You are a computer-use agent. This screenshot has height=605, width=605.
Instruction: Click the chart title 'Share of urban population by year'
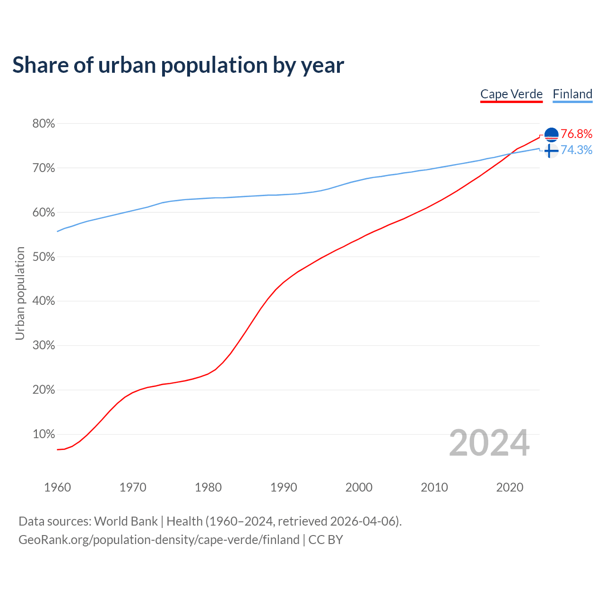coord(178,65)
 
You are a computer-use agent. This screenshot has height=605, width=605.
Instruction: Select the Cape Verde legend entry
coord(511,94)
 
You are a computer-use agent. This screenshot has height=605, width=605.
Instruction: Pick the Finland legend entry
coord(572,94)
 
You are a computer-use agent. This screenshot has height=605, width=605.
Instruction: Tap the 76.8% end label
coord(576,134)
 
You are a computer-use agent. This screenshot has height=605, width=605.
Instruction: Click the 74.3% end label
coord(576,150)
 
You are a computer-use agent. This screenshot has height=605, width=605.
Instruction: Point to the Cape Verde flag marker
coord(551,135)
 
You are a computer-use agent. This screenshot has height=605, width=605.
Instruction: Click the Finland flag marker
coord(551,151)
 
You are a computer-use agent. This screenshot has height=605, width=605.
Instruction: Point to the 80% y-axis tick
coord(43,124)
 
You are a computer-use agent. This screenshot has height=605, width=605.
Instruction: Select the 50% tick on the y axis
coord(43,257)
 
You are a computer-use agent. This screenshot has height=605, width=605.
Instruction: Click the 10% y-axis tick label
coord(43,434)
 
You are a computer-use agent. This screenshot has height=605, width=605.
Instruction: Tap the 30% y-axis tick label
coord(43,346)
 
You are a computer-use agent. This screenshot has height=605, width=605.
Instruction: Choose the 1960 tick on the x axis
coord(57,487)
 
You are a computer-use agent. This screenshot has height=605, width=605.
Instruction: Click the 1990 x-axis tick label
coord(284,487)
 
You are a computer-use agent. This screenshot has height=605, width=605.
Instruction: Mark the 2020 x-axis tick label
coord(510,487)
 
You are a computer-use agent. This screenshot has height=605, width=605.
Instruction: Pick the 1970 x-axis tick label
coord(133,487)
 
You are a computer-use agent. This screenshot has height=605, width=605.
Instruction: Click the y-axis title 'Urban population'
coord(20,293)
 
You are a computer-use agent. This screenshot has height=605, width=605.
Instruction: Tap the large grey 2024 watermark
coord(489,443)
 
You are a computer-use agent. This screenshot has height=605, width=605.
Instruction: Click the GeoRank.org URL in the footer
coord(159,540)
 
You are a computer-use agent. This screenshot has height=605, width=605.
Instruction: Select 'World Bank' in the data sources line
coord(126,521)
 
